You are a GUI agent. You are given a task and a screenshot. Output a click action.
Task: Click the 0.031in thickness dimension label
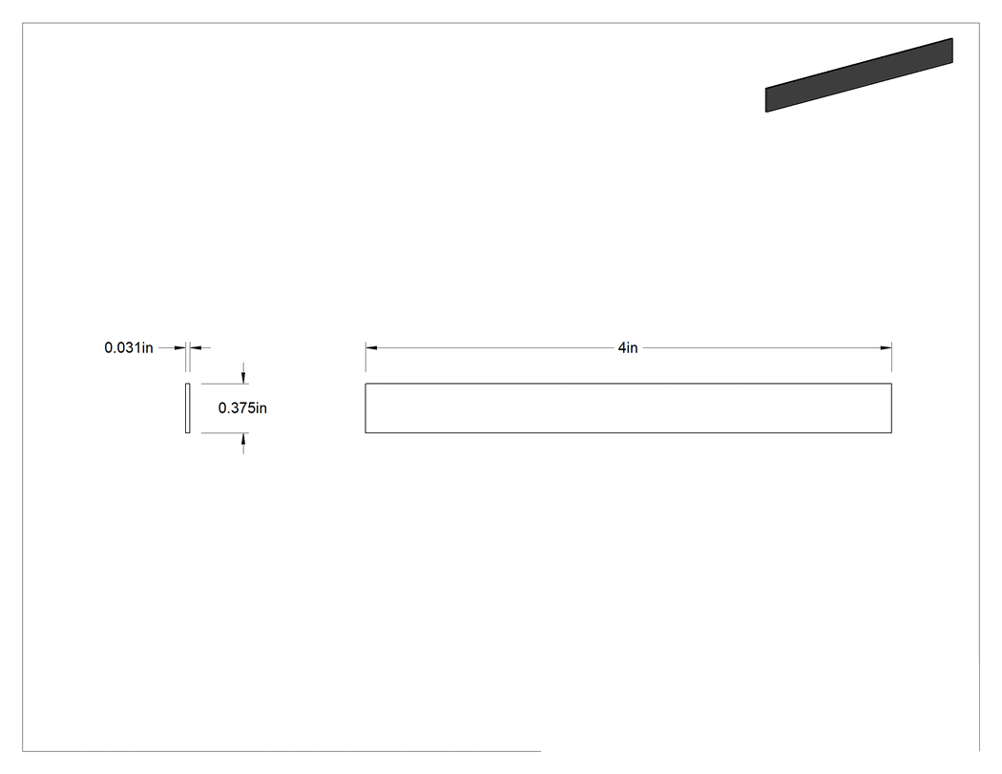coord(129,347)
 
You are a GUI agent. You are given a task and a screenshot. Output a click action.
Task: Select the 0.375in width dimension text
coord(242,408)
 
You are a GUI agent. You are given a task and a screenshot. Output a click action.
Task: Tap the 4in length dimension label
coord(628,347)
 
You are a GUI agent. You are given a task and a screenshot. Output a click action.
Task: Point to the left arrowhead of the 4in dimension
coord(371,347)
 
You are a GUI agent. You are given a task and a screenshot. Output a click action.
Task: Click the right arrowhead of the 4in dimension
coord(886,347)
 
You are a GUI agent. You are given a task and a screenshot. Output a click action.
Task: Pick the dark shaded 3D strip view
coord(859,74)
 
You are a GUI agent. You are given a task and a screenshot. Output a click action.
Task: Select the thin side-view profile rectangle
coord(188,408)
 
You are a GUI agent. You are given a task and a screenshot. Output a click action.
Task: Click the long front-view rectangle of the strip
coord(628,408)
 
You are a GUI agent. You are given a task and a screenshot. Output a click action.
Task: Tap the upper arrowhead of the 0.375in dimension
coord(243,378)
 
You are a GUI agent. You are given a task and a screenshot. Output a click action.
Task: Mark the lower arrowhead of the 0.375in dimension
coord(243,438)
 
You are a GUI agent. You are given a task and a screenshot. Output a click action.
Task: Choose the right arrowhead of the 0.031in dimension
coord(197,347)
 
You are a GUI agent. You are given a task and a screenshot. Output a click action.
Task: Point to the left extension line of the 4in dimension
coord(365,357)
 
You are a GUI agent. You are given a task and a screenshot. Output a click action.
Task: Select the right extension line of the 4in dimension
coord(891,357)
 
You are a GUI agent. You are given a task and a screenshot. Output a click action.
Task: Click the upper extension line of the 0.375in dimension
coord(224,384)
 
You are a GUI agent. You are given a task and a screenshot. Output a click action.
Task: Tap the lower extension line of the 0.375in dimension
coord(224,432)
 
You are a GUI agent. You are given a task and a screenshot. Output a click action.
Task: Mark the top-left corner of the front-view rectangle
coord(365,384)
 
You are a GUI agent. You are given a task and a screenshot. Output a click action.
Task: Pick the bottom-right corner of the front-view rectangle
coord(891,432)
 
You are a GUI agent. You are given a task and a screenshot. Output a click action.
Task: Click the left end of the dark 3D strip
coord(766,99)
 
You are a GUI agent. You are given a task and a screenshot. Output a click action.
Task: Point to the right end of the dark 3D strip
coord(952,51)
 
